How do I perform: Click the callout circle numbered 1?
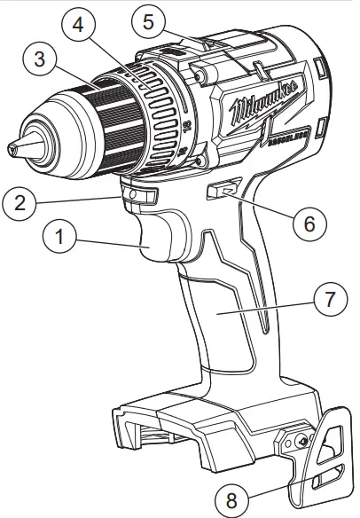(59, 238)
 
